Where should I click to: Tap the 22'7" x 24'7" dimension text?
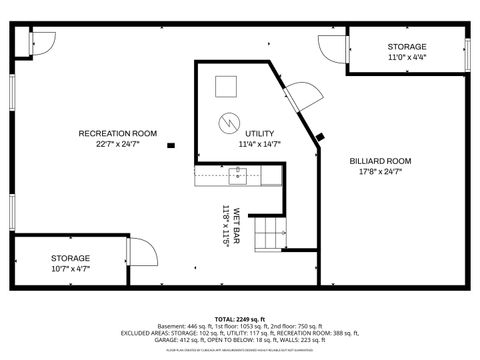click(x=118, y=144)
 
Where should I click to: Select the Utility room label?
click(x=259, y=133)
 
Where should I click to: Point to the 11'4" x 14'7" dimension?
click(x=259, y=144)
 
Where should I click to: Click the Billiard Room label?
click(x=380, y=160)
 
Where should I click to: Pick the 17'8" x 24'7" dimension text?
click(x=380, y=171)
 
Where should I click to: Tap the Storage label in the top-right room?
click(x=407, y=47)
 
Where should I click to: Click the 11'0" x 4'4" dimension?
click(x=407, y=58)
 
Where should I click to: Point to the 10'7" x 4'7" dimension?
click(x=71, y=268)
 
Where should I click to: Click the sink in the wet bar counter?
click(x=238, y=177)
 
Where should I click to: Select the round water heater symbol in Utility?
click(x=229, y=123)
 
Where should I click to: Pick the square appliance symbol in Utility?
click(x=228, y=85)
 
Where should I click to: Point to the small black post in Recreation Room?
click(x=171, y=145)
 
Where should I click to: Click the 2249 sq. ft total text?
click(x=240, y=319)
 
